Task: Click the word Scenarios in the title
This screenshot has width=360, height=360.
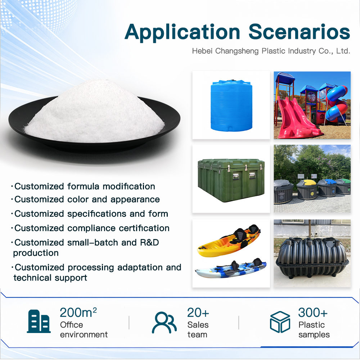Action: [x=299, y=32]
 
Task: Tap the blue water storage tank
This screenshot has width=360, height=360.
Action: [x=231, y=105]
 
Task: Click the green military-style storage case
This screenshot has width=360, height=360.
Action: [x=231, y=180]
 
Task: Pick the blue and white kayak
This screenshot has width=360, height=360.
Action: [x=231, y=269]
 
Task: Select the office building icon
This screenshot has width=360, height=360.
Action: [x=39, y=321]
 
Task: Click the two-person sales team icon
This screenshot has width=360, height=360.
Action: [x=164, y=322]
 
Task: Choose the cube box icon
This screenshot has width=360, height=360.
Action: [x=280, y=322]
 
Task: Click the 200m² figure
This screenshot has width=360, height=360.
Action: [x=78, y=312]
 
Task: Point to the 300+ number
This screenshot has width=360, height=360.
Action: [x=313, y=312]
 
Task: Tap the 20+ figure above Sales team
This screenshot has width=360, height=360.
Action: [x=198, y=312]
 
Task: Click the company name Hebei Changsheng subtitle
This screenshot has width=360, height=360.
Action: [x=271, y=51]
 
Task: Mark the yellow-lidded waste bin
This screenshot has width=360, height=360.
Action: [x=307, y=190]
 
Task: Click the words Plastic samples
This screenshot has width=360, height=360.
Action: [x=314, y=330]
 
